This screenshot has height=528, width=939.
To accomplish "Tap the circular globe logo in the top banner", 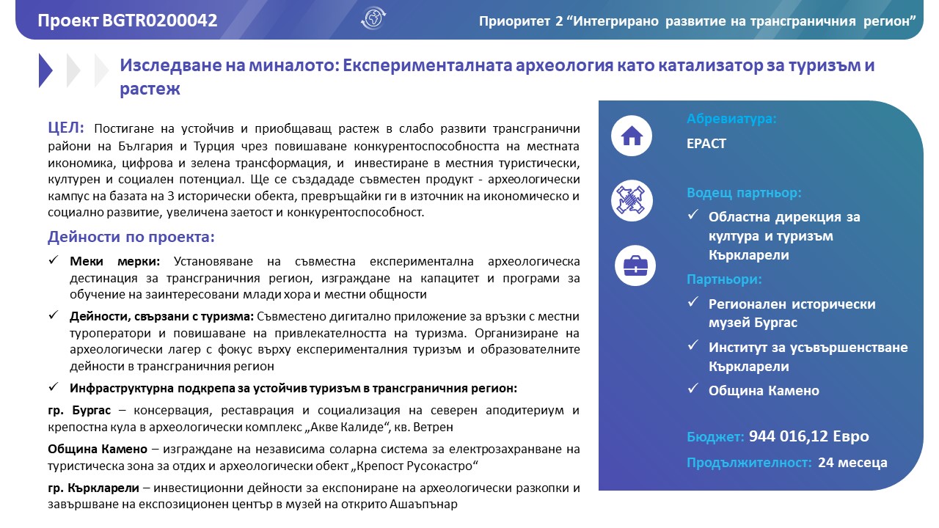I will [x=373, y=19].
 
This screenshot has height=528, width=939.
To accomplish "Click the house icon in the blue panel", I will [x=631, y=136].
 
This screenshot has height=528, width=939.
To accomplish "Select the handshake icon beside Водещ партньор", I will [x=631, y=200].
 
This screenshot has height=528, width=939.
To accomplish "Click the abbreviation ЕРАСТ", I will [x=706, y=144].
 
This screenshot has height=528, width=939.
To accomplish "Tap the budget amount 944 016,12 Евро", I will [x=808, y=437].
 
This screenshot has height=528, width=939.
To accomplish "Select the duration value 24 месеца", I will [x=852, y=463].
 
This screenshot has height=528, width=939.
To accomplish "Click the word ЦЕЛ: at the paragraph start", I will [x=66, y=128].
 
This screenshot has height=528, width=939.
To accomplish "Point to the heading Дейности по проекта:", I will [x=131, y=238].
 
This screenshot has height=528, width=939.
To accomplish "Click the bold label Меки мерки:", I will [x=120, y=262].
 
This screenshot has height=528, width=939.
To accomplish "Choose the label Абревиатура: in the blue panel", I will [x=731, y=119].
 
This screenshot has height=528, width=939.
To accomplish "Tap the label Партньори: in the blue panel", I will [x=724, y=279].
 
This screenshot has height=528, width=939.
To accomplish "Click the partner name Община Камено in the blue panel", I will [x=764, y=391].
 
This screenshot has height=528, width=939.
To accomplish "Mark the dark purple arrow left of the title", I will [x=45, y=70].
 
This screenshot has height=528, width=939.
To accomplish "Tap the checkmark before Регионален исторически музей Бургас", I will [x=693, y=303].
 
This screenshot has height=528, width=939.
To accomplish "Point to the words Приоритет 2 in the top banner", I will [x=516, y=21].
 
